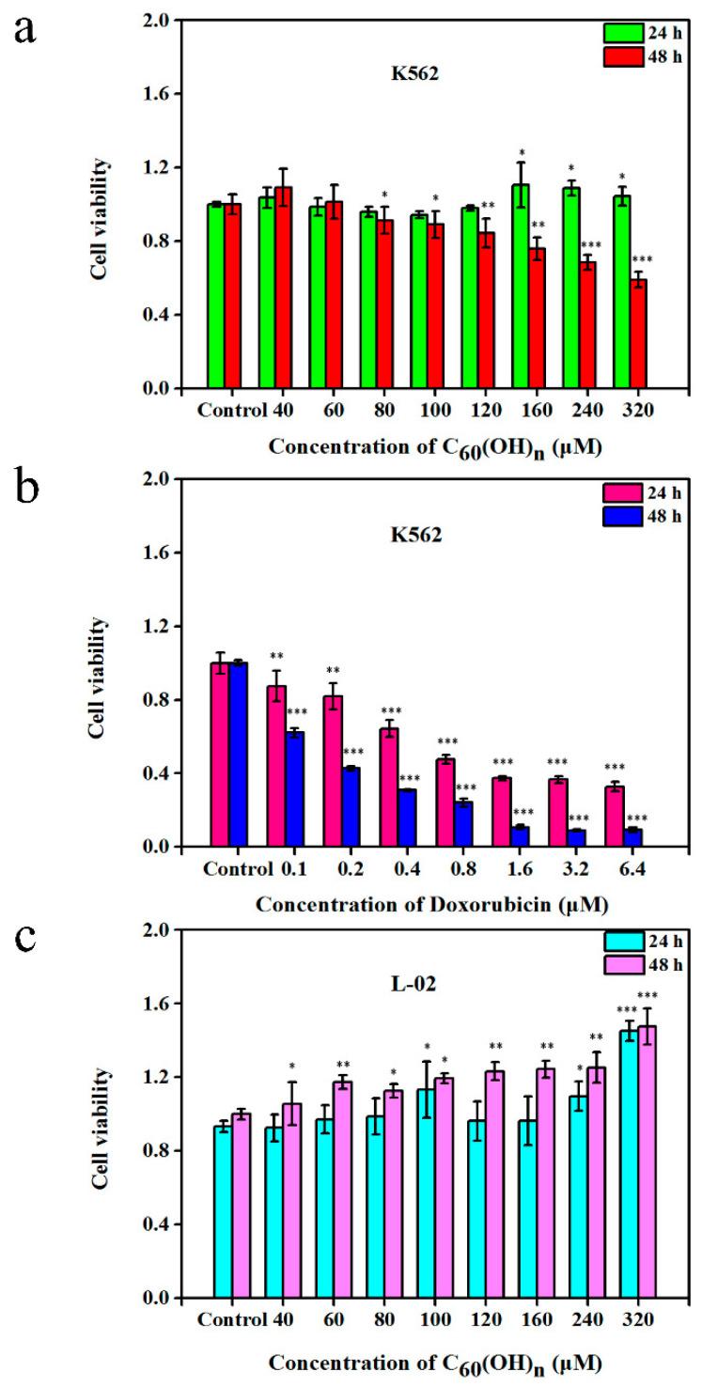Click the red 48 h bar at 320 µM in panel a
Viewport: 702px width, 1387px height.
pos(638,334)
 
